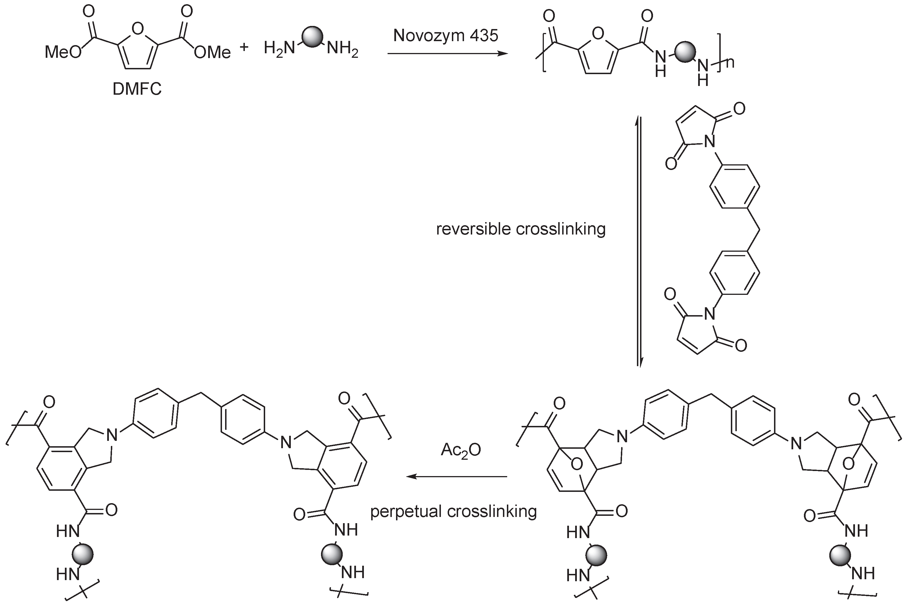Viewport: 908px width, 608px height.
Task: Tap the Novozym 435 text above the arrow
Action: [x=445, y=36]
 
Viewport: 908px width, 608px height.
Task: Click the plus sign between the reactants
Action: [x=244, y=47]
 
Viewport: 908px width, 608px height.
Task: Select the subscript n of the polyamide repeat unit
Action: [x=729, y=62]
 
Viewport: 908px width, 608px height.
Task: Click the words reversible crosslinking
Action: [x=521, y=229]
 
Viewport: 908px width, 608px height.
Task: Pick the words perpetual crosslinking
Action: [x=453, y=511]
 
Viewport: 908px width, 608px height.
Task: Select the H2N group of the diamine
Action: [x=279, y=48]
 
